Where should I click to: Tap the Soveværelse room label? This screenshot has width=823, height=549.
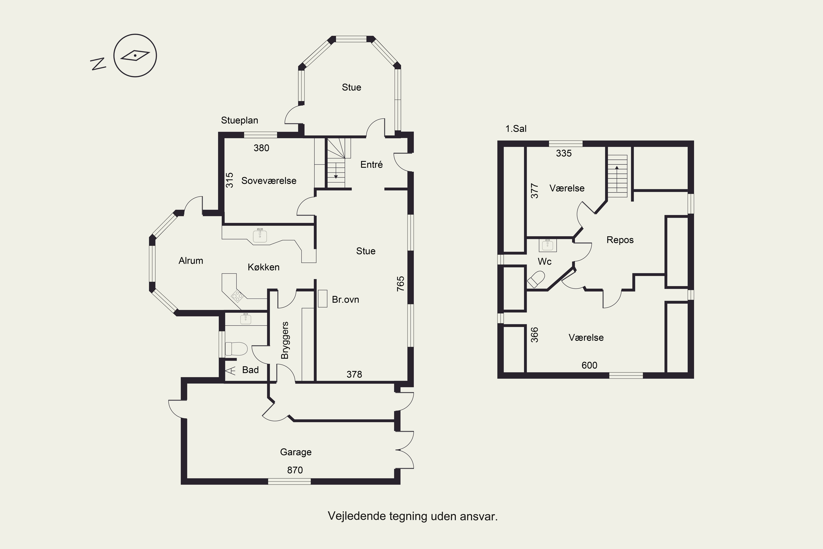[269, 181]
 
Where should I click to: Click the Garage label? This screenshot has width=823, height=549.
[296, 452]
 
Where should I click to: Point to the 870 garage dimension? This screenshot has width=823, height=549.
[295, 470]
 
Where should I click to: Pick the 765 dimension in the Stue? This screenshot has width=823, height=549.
[401, 284]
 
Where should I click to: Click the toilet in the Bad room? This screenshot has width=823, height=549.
[236, 349]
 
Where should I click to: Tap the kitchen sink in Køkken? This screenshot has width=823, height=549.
[260, 236]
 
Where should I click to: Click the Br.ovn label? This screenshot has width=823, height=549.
[345, 299]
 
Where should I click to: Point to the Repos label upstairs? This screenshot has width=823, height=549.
[620, 240]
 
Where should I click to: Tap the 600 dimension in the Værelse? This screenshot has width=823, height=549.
[589, 365]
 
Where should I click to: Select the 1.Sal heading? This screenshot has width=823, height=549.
[516, 128]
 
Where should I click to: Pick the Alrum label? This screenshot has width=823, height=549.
[191, 261]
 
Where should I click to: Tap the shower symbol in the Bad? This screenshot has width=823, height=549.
[231, 370]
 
